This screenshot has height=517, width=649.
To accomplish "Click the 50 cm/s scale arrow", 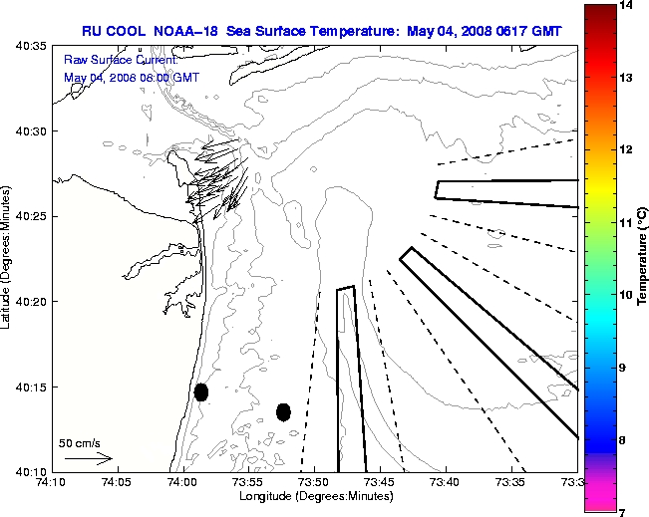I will click(88, 458).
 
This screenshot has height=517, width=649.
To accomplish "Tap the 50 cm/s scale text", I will click(80, 442).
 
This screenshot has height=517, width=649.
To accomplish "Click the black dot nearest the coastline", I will click(201, 391).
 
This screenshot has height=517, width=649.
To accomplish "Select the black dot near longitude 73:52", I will click(283, 411).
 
